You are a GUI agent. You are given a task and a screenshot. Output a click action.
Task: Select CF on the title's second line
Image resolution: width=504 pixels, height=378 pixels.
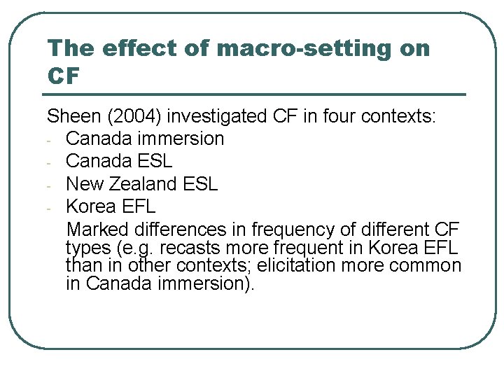[x=64, y=75]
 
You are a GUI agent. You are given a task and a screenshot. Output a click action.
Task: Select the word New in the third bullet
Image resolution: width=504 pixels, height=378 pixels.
[x=83, y=183]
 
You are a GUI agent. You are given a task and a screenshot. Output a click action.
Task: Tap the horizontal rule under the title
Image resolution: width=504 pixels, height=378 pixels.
[x=255, y=94]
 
